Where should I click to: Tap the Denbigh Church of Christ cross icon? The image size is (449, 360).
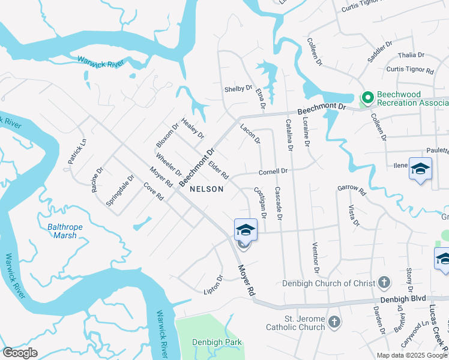tap(385, 282)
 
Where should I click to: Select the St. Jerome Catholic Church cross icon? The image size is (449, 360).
tap(335, 322)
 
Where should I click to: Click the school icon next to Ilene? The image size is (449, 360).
tap(420, 169)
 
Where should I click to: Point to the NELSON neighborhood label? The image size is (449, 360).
tap(206, 189)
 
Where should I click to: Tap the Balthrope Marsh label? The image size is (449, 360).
tap(62, 231)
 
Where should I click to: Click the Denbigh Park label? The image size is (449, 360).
tap(217, 342)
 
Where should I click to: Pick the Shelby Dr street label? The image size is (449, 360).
tap(238, 89)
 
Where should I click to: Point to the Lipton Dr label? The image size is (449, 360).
tap(213, 283)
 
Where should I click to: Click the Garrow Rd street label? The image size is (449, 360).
tap(351, 190)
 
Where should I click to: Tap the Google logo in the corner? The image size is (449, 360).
tap(20, 353)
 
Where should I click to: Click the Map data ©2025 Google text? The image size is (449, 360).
tap(412, 355)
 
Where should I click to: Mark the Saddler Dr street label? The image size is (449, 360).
tap(380, 52)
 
